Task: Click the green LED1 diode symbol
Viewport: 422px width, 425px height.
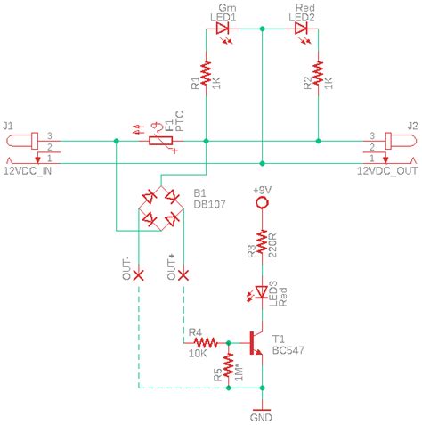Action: (x=223, y=29)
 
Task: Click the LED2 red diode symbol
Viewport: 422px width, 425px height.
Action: (x=301, y=29)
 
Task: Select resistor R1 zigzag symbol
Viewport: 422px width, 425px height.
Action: (x=206, y=74)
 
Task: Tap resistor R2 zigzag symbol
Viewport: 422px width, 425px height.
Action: (x=318, y=74)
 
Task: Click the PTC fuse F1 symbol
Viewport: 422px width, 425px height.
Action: (x=161, y=141)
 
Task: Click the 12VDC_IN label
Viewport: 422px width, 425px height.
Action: (x=29, y=169)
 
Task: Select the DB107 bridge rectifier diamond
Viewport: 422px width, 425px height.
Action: (x=161, y=206)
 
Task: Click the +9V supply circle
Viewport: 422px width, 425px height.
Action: (x=262, y=204)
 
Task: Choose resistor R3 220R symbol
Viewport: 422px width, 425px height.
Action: (x=262, y=241)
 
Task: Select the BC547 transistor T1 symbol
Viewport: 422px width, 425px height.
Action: (x=256, y=342)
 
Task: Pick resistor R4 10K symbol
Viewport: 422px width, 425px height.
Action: (x=206, y=342)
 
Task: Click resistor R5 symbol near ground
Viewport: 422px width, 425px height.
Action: (x=229, y=365)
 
